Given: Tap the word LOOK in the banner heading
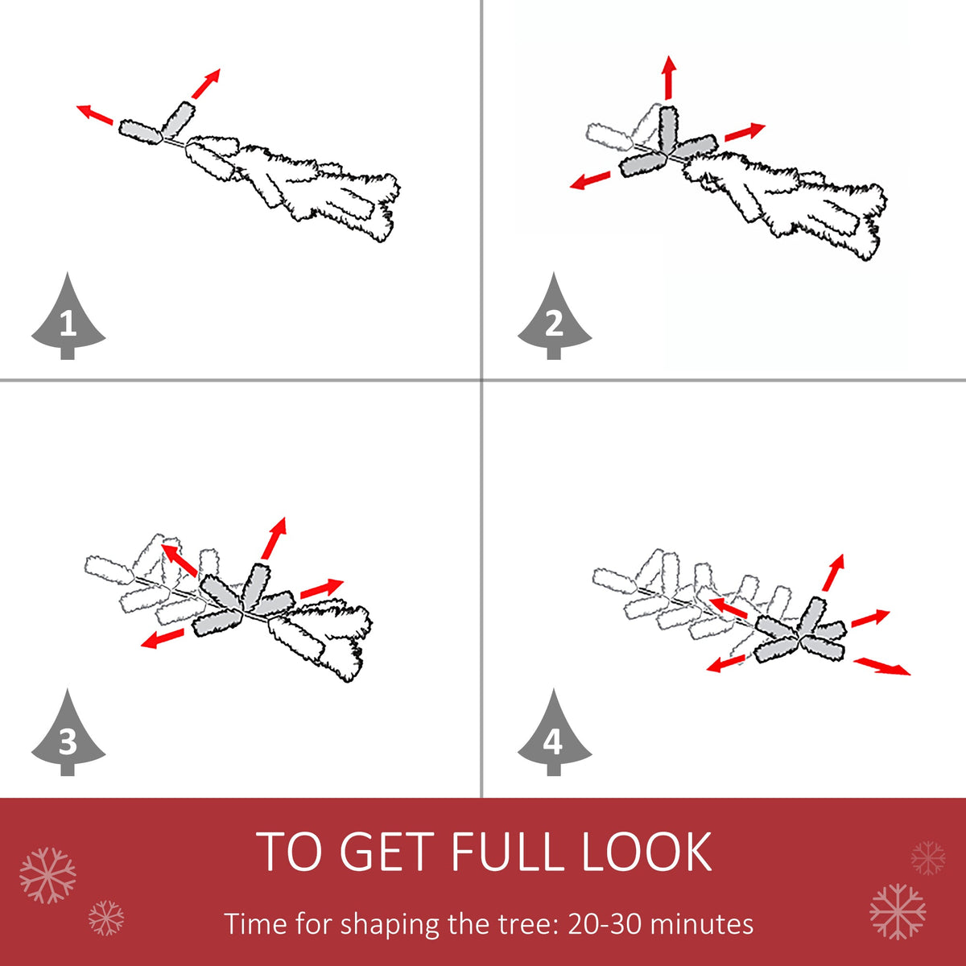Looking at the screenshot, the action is (646, 852).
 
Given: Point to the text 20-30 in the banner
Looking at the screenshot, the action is (604, 923).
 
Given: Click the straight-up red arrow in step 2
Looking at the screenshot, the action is (669, 78).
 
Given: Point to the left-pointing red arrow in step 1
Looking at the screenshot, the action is (95, 114).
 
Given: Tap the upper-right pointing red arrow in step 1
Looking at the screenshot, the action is (206, 84).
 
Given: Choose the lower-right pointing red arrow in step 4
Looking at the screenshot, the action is (881, 667).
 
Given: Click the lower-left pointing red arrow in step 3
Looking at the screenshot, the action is (163, 638).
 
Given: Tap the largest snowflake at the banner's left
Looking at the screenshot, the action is (47, 876).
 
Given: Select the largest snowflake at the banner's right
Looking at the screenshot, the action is (898, 912).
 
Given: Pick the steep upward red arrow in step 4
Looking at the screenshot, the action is (834, 572).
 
